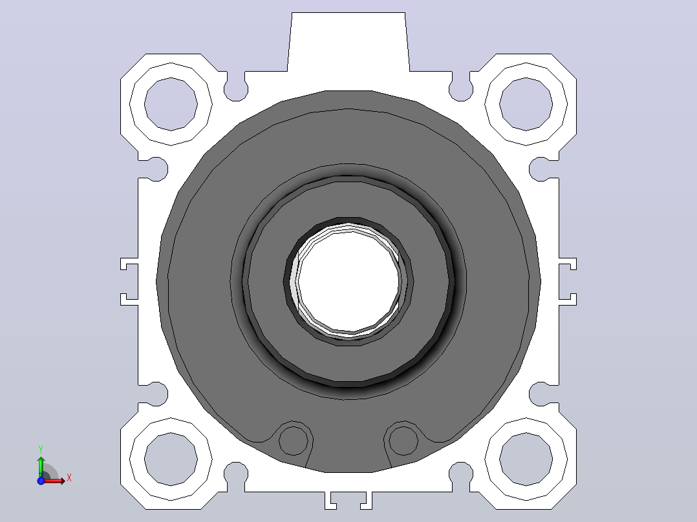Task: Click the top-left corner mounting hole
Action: tap(171, 105)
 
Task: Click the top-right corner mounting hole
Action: tap(526, 105)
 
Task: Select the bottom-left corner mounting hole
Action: tap(171, 459)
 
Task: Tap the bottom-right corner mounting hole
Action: tap(526, 459)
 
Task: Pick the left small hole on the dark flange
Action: tap(293, 441)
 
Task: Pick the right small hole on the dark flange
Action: tap(403, 441)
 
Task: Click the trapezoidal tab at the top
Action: tap(348, 42)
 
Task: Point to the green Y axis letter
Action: tap(41, 450)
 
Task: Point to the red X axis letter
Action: tap(69, 478)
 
